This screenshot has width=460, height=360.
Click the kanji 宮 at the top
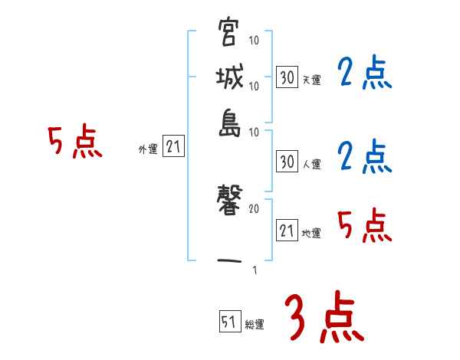pos(228,34)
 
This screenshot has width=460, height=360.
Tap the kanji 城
pos(228,78)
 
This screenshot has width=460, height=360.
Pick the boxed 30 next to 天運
pos(287,77)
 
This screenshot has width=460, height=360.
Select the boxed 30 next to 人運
pos(287,162)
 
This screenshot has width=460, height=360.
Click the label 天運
pos(311,79)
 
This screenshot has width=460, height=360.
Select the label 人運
pos(311,164)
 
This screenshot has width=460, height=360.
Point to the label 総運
pos(255,324)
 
